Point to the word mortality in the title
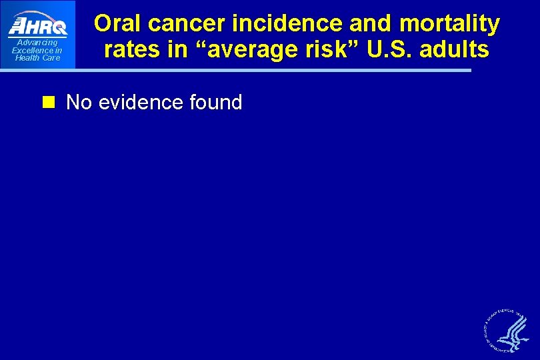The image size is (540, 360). tap(449, 24)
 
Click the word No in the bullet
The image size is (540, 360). tap(79, 103)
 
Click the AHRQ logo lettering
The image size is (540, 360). tap(38, 26)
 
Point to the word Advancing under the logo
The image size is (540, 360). tap(37, 43)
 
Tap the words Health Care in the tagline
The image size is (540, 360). tap(37, 58)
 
